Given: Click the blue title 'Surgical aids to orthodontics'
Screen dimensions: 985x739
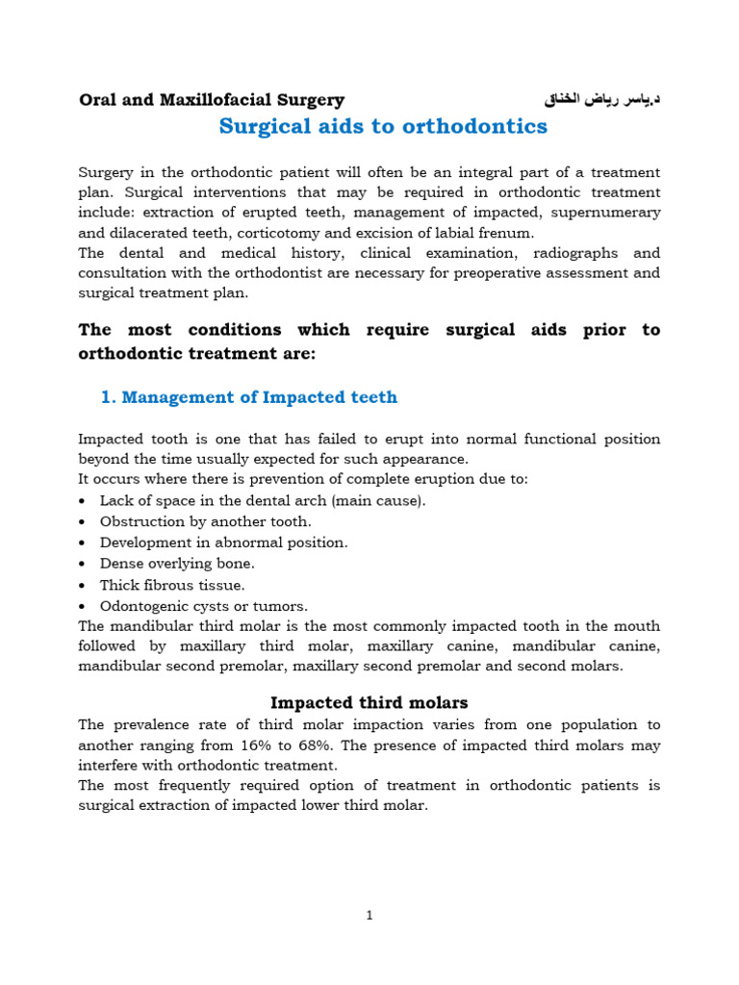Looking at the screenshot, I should coord(383,126).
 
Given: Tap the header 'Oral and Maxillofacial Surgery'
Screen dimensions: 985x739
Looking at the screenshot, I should coord(211,99).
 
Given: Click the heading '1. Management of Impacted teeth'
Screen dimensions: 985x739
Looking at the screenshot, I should coord(248,397).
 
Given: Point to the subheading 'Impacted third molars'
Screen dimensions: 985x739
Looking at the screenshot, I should coord(369,702).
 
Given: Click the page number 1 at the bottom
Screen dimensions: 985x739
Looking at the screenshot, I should coord(369,916).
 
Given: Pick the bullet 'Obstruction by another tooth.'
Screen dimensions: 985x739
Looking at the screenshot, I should coord(205,521).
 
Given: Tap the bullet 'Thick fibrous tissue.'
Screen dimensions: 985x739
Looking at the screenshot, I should coord(172,585).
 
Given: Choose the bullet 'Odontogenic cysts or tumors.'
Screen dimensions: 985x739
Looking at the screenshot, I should coord(204,606).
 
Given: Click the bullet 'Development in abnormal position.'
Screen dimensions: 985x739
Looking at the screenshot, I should coord(223,543).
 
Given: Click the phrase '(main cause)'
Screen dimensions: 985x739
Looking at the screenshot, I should coord(379,500).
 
